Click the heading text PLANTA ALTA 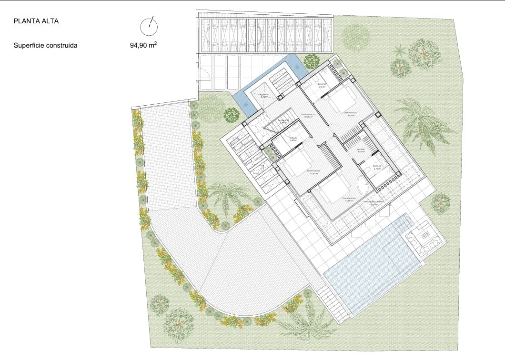pyautogui.click(x=37, y=21)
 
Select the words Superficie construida pyautogui.click(x=46, y=46)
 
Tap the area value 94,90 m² pyautogui.click(x=143, y=46)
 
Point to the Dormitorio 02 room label pyautogui.click(x=350, y=114)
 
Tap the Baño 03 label pyautogui.click(x=322, y=85)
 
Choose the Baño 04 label pyautogui.click(x=293, y=139)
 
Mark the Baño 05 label pyautogui.click(x=377, y=167)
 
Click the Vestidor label pyautogui.click(x=361, y=150)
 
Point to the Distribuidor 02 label pyautogui.click(x=307, y=115)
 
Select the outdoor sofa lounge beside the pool pyautogui.click(x=423, y=239)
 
